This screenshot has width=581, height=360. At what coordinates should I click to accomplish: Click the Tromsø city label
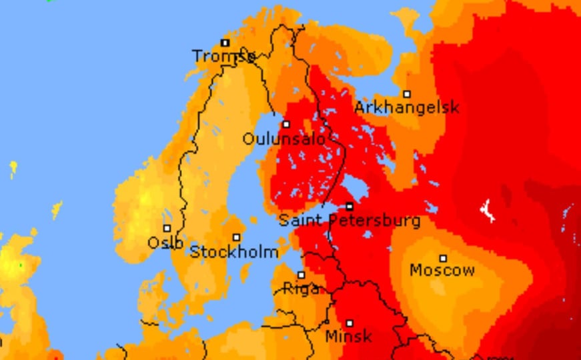click(223, 56)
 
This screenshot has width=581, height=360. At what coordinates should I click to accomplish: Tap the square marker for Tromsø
click(225, 43)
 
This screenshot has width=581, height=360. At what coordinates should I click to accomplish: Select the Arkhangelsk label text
click(406, 107)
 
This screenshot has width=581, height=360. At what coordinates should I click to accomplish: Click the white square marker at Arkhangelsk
click(407, 94)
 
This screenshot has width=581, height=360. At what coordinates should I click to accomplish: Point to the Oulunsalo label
click(284, 139)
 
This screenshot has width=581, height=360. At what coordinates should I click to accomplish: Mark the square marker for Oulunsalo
click(286, 125)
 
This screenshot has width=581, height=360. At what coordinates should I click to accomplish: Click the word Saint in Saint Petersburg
click(296, 220)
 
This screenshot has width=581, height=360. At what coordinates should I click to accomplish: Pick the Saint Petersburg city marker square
click(350, 207)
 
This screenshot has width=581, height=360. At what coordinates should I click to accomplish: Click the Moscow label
click(442, 270)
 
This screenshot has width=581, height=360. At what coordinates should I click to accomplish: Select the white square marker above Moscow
click(443, 258)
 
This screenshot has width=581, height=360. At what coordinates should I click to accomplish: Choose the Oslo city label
click(165, 243)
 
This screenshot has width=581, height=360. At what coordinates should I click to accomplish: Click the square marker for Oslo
click(167, 229)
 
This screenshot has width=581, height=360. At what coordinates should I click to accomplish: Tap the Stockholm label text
click(234, 252)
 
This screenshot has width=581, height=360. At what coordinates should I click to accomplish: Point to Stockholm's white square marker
click(236, 237)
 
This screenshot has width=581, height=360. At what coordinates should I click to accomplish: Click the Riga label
click(301, 289)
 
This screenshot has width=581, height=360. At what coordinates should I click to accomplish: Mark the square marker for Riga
click(302, 275)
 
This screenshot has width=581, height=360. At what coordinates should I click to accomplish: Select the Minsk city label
click(348, 337)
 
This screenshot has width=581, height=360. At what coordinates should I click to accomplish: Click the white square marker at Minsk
click(349, 323)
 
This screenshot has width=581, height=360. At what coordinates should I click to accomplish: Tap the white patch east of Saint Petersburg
click(488, 211)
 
